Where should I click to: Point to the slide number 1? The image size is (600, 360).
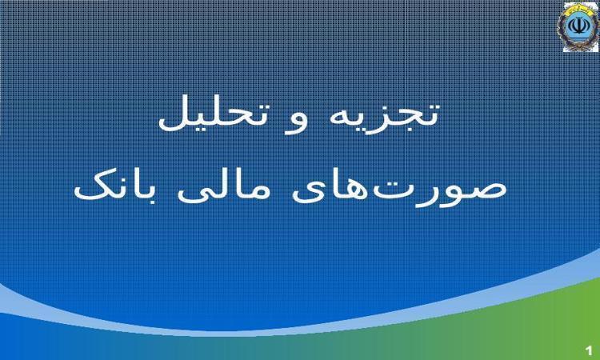click(x=589, y=350)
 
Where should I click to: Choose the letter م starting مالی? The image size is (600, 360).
click(x=260, y=192)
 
